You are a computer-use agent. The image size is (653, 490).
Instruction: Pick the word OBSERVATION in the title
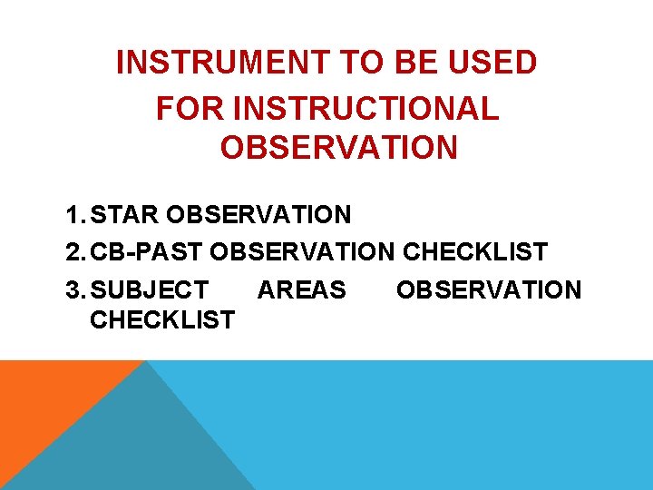[338, 148]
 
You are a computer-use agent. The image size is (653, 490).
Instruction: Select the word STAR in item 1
[125, 215]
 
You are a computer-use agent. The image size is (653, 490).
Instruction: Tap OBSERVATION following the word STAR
[258, 215]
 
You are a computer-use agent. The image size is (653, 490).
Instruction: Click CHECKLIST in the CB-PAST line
[474, 251]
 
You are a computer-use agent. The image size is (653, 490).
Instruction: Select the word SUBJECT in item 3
[150, 290]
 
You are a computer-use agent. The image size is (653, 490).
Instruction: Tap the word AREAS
[301, 290]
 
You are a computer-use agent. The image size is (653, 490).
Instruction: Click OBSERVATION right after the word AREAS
[488, 290]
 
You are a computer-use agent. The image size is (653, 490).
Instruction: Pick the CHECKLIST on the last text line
[162, 319]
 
